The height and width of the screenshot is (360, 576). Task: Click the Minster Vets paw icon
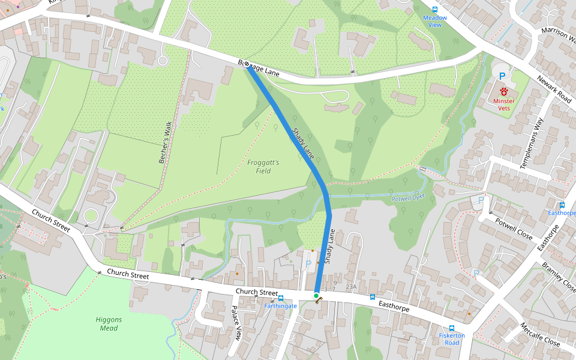click(504, 91)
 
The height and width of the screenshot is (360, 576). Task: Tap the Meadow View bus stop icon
click(435, 10)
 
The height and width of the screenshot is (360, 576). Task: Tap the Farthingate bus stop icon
click(281, 298)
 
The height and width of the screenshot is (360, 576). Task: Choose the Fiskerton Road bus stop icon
click(452, 328)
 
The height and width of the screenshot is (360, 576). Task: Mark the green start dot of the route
click(316, 296)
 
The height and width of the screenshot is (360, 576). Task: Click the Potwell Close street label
click(514, 229)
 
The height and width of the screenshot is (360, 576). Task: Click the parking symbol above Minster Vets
click(502, 76)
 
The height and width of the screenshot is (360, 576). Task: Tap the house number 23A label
click(351, 287)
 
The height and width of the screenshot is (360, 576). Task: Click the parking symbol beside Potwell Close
click(481, 200)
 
